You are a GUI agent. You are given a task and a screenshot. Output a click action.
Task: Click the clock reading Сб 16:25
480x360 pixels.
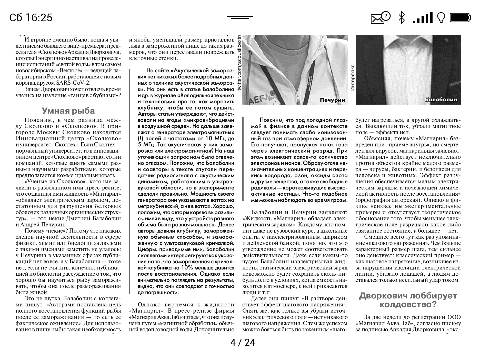coord(31,17)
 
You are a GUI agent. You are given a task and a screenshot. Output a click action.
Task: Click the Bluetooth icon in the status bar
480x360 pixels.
coord(401,17)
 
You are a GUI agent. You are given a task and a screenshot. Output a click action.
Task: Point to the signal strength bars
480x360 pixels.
coord(423,18)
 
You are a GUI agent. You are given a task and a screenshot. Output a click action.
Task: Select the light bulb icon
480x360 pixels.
coord(441,18)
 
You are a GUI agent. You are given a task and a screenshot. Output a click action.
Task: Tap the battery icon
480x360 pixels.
coord(461,17)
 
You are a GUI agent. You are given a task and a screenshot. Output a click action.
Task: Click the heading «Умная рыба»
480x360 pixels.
coord(68,111)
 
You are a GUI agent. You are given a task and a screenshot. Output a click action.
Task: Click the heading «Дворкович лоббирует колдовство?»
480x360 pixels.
coord(408,300)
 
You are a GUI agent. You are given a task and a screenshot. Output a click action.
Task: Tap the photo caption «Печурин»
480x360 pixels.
coord(332,100)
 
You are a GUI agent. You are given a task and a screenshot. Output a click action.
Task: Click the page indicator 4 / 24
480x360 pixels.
coord(243,343)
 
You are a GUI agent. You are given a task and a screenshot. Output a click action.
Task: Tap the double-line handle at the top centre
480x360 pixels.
coord(240,17)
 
